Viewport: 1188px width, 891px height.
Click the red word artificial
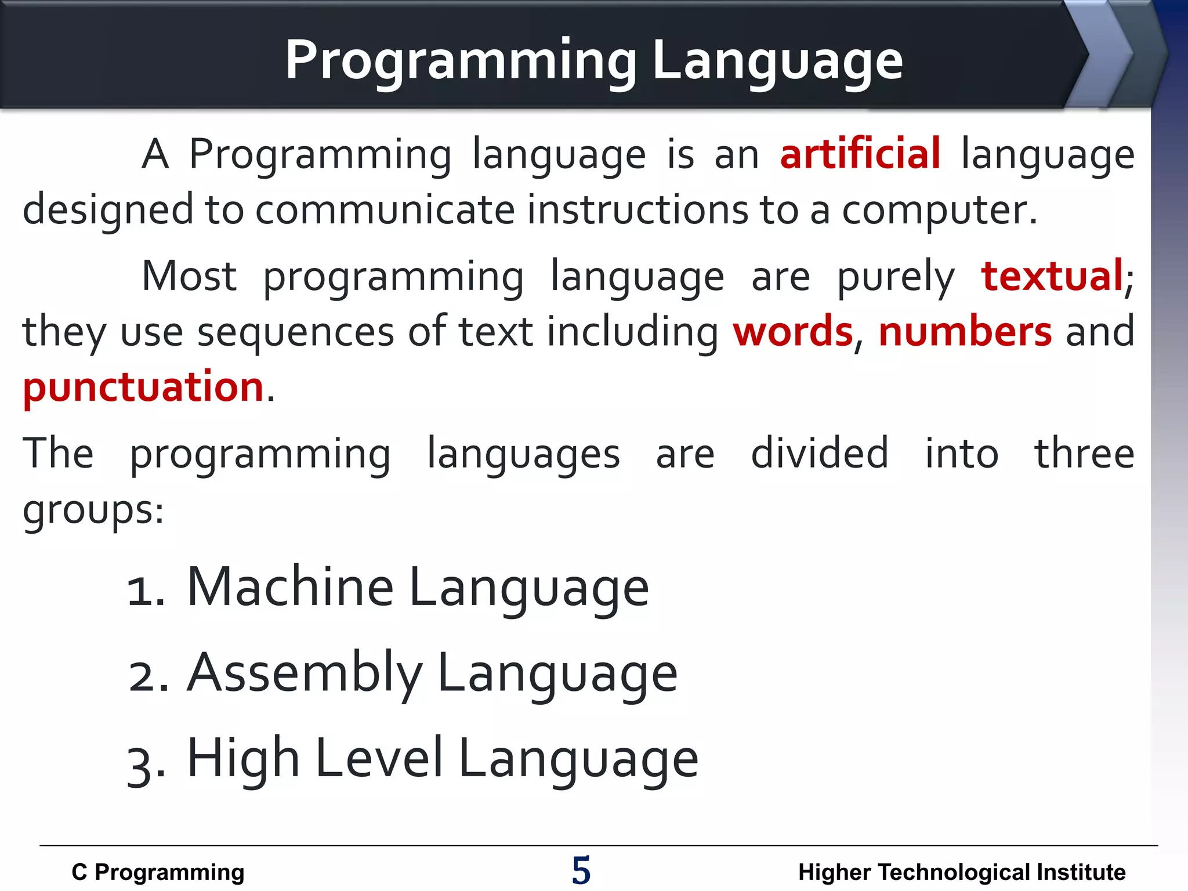(860, 154)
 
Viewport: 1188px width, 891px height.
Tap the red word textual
(1052, 276)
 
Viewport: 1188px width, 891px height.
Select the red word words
(793, 331)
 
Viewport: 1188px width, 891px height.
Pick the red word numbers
(965, 331)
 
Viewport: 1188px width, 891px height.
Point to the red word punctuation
(143, 387)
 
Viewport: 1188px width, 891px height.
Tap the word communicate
(385, 210)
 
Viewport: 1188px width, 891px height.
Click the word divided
(819, 453)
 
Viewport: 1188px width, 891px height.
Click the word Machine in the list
(290, 587)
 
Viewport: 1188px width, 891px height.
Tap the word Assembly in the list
(305, 673)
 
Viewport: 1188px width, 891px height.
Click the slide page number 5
(581, 870)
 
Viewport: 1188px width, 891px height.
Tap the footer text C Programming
(158, 872)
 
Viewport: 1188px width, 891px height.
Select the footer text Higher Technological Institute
(961, 872)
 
